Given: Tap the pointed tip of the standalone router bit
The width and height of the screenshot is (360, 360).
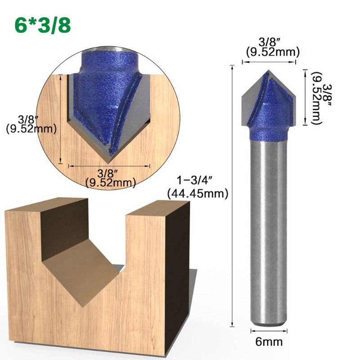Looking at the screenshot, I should pyautogui.click(x=269, y=71).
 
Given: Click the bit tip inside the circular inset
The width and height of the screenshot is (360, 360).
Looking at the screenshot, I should pyautogui.click(x=109, y=158).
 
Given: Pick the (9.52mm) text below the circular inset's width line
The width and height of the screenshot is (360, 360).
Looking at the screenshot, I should pyautogui.click(x=110, y=182).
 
